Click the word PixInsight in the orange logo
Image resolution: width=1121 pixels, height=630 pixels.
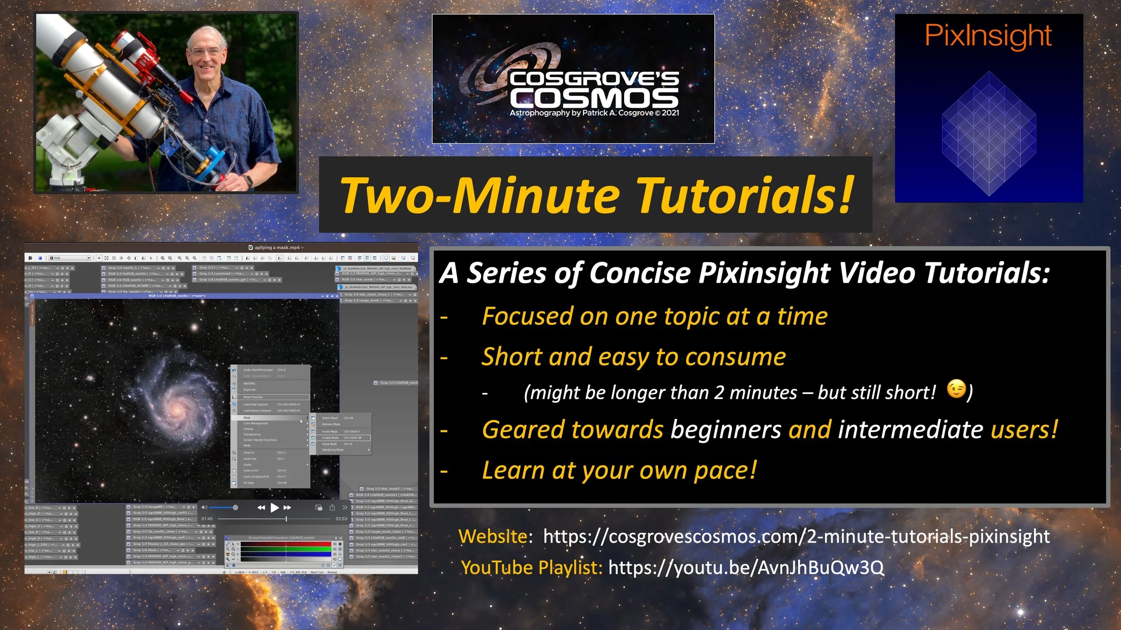pos(988,36)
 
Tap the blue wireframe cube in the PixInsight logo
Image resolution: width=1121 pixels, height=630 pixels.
pos(989,134)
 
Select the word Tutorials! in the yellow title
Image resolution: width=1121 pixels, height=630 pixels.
pos(745,195)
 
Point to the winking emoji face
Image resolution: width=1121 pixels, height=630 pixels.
pos(956,389)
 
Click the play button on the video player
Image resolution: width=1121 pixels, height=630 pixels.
pos(274,508)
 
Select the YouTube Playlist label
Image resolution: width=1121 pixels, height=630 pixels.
pos(532,568)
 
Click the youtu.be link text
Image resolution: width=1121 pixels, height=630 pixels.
pos(746,568)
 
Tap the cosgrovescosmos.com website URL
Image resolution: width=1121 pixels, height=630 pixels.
pos(796,536)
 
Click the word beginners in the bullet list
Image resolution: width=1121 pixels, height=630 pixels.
pos(726,429)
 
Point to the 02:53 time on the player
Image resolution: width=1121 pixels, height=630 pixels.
pos(341,519)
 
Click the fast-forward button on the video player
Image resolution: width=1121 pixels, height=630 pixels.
pos(287,508)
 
